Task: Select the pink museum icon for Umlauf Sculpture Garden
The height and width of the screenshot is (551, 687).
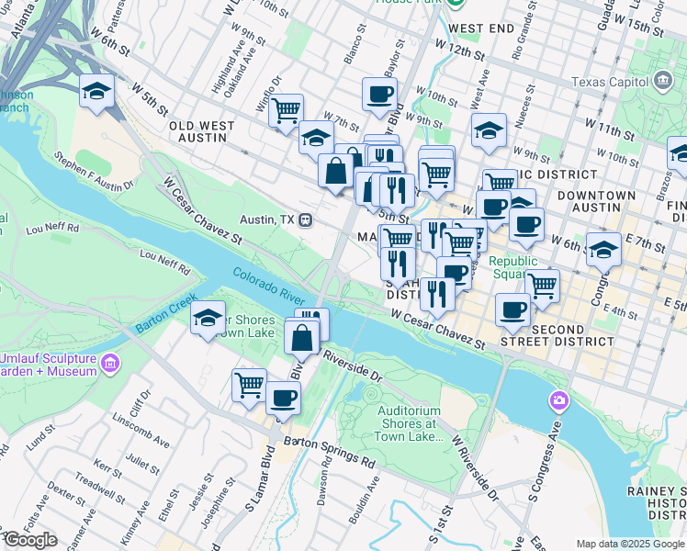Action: (109, 364)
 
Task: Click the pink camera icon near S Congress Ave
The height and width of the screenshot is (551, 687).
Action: (557, 401)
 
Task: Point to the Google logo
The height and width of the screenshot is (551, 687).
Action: (29, 540)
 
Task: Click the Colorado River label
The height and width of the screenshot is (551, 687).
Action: (268, 285)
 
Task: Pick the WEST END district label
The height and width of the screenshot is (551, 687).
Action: (482, 29)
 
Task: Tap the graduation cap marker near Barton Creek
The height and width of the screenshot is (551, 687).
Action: (208, 318)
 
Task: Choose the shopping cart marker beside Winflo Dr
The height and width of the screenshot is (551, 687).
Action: (287, 110)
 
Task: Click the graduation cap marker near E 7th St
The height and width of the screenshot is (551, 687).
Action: (603, 249)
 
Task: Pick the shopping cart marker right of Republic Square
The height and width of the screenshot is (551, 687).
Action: (543, 285)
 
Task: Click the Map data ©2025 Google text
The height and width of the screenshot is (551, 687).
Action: (631, 544)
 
